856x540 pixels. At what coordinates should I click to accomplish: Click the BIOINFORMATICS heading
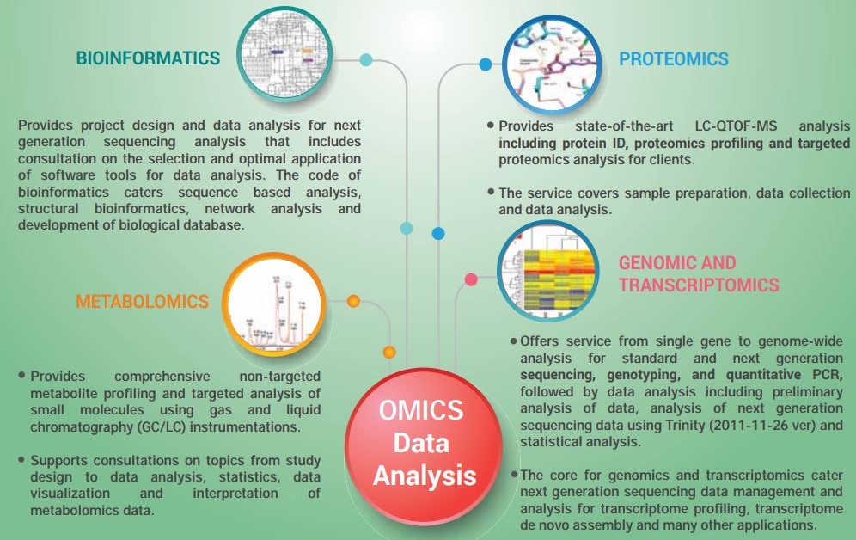148,58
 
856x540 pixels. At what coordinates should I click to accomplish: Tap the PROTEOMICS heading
674,59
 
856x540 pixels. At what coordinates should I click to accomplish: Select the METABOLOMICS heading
143,302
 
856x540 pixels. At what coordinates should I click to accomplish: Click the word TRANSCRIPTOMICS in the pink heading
699,285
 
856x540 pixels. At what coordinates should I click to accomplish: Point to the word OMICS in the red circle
421,410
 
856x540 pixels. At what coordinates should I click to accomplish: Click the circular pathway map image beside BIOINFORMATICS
284,54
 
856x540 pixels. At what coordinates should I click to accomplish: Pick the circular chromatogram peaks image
274,304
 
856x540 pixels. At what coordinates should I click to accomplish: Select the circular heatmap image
548,272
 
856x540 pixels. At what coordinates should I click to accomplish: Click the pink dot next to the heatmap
471,279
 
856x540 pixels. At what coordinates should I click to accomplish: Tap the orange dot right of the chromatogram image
354,301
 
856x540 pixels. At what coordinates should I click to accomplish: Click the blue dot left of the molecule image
485,64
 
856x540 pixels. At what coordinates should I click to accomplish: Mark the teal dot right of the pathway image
366,59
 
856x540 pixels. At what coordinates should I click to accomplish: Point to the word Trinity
685,425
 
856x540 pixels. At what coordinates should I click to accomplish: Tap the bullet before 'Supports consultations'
21,460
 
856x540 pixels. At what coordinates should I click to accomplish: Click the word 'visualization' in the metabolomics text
70,494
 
